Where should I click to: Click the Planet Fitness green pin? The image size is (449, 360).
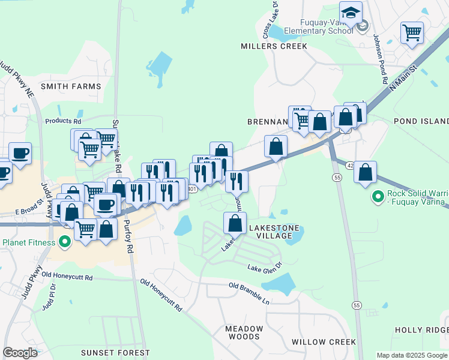(x=65, y=243)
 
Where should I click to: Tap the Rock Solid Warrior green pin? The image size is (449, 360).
(x=378, y=196)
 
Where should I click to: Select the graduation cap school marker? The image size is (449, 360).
(x=351, y=12)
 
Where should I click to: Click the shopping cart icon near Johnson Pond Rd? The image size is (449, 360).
(x=412, y=32)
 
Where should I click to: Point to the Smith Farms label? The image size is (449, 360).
(x=71, y=86)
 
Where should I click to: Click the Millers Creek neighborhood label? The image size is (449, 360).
(x=274, y=46)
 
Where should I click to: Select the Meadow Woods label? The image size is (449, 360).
(x=244, y=332)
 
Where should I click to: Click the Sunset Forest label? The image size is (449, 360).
(x=115, y=352)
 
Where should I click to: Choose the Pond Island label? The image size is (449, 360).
(x=421, y=121)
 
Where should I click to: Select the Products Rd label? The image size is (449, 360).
(x=62, y=121)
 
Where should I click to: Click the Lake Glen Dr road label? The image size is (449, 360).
(x=265, y=266)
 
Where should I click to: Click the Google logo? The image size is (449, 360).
(x=20, y=353)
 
